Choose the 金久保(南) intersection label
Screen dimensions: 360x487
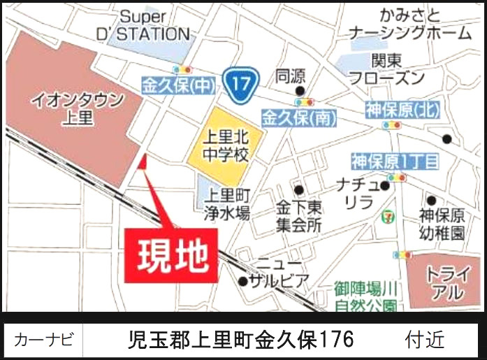tap(300, 117)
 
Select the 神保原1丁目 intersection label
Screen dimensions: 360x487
tap(395, 162)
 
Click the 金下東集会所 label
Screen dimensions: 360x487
tap(298, 216)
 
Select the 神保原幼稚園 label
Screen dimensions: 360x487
tap(442, 224)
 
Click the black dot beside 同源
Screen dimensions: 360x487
tap(300, 91)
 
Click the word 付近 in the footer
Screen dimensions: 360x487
tap(424, 340)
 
